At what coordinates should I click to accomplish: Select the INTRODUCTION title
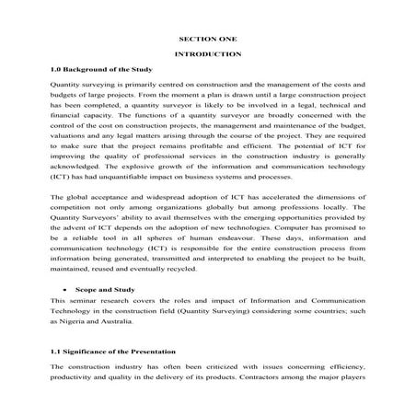point(207,54)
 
